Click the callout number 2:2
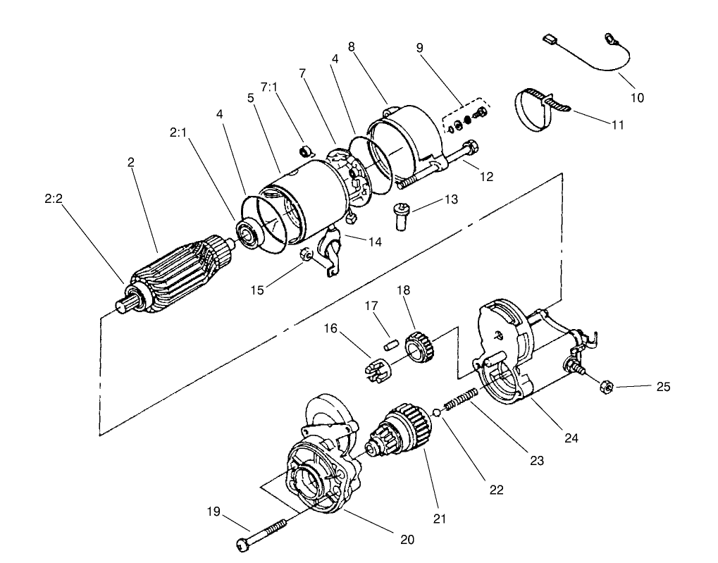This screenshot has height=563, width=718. (54, 198)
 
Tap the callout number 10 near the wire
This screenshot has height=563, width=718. (636, 98)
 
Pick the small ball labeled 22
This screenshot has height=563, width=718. (437, 413)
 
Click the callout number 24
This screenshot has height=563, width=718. (571, 438)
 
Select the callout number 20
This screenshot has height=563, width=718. (407, 540)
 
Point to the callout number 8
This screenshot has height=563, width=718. (351, 47)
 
